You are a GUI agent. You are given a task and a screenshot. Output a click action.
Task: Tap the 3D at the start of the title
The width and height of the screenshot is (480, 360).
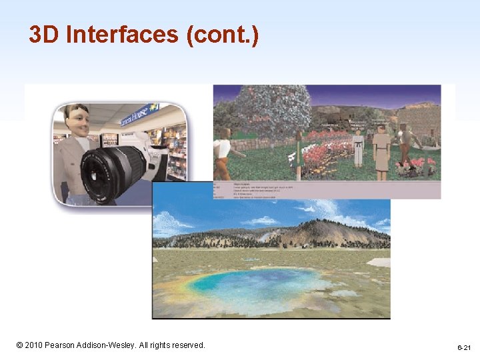(x=44, y=35)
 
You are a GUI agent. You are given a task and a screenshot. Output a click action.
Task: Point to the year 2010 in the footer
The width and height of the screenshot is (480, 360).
(x=34, y=345)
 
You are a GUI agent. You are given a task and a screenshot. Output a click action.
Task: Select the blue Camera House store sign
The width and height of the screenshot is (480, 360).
(x=138, y=115)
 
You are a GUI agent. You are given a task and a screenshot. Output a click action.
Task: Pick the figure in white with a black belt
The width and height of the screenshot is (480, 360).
(x=358, y=149)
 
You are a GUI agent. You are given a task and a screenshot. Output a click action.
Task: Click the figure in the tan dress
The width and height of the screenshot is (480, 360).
(x=381, y=151)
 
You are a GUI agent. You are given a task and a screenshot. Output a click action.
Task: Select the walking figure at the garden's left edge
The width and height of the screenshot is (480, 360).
(x=223, y=150)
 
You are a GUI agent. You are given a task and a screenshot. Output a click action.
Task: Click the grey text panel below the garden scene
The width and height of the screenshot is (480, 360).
(x=327, y=189)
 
